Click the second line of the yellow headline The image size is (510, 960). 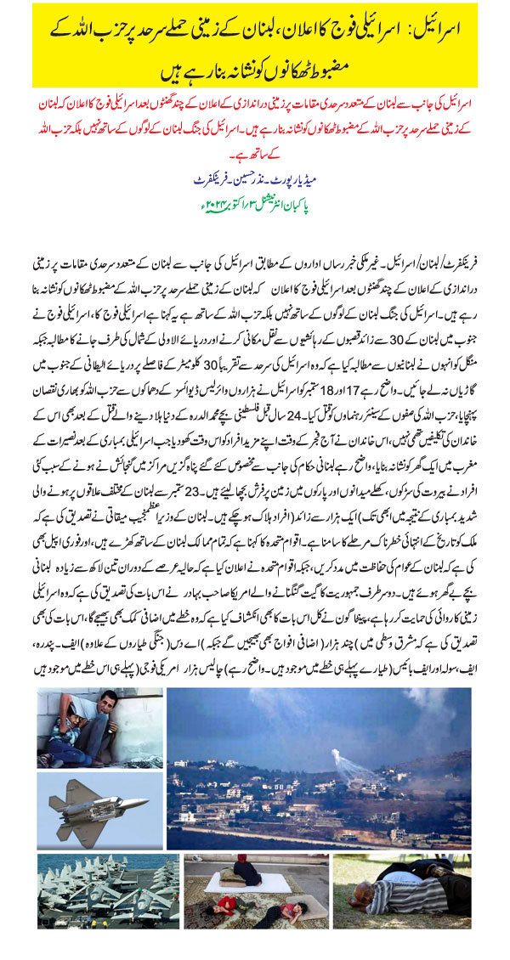click(255, 68)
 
